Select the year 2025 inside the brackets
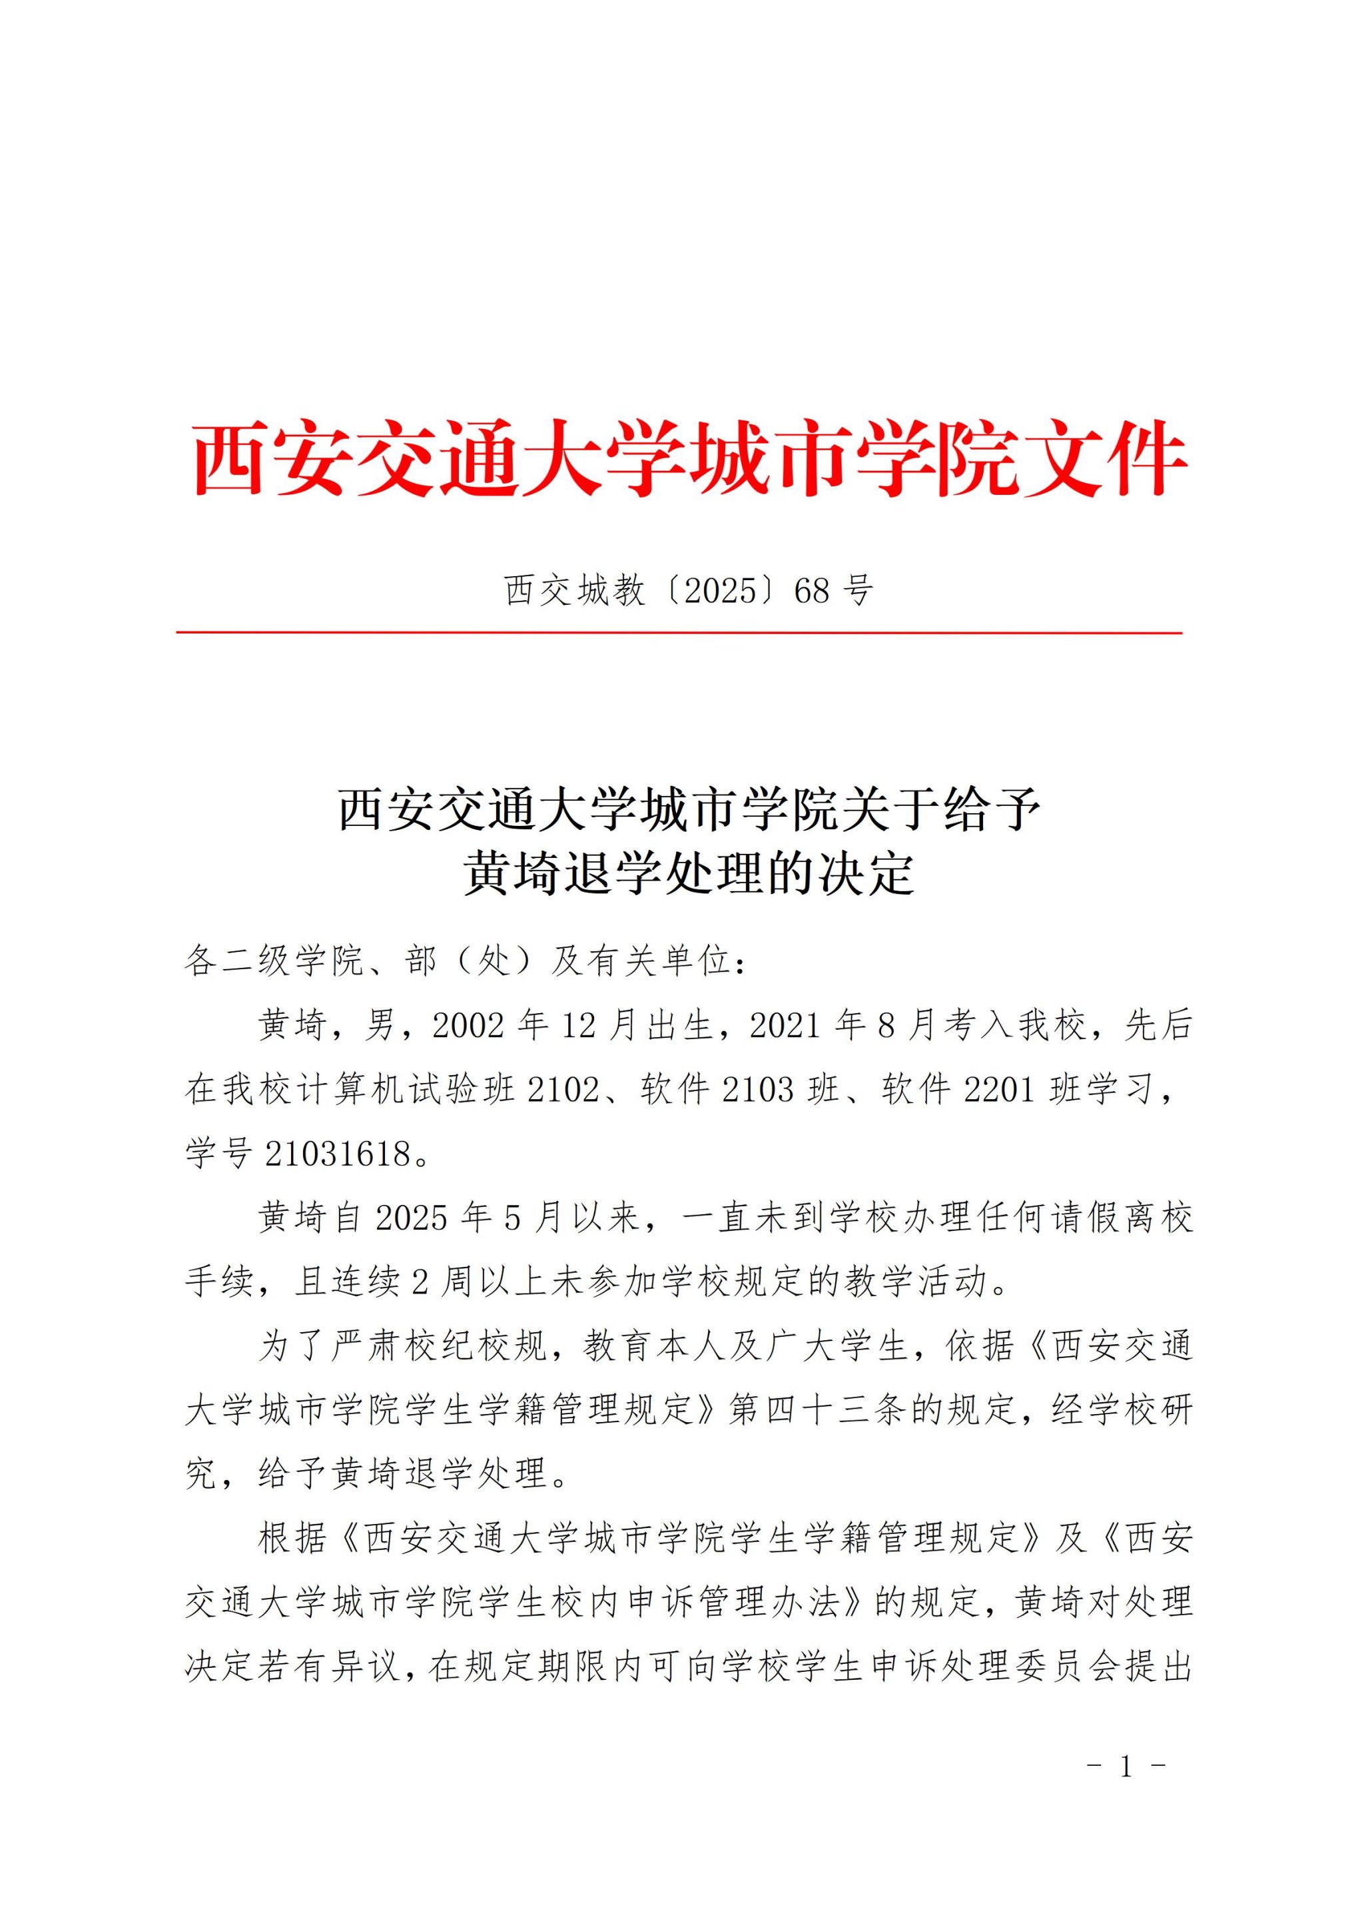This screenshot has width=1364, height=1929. point(721,591)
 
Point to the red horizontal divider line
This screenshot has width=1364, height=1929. point(679,633)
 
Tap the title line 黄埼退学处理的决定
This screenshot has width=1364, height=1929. point(689,874)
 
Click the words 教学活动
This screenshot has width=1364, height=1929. point(916,1282)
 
